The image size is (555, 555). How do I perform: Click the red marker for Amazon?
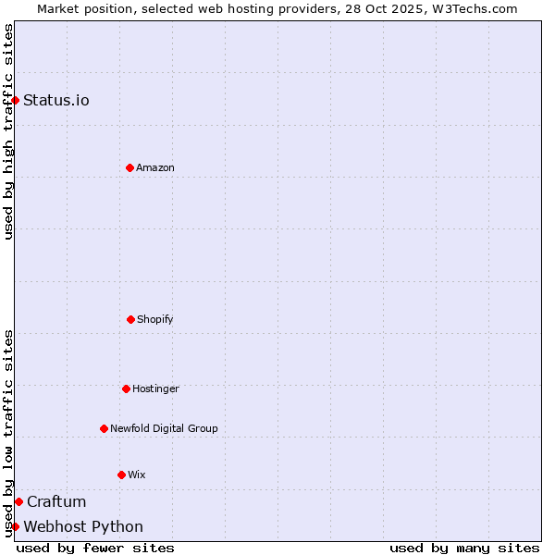[x=129, y=167]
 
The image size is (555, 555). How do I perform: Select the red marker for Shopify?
[x=130, y=319]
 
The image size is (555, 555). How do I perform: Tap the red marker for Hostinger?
[x=126, y=388]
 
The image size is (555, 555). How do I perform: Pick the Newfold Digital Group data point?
[x=104, y=428]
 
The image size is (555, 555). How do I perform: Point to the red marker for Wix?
[x=121, y=475]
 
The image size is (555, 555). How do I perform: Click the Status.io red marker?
[x=16, y=100]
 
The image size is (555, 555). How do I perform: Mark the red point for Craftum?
[x=18, y=501]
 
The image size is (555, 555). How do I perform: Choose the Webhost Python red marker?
[x=16, y=526]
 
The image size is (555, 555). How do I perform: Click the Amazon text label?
[x=155, y=167]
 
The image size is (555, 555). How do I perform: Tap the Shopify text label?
[x=155, y=319]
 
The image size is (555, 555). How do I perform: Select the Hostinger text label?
[x=155, y=388]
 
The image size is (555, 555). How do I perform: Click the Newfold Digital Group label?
[x=164, y=428]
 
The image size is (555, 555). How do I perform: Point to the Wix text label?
[x=137, y=475]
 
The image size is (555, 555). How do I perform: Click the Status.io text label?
[x=56, y=100]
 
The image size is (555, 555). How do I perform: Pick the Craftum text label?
[x=56, y=501]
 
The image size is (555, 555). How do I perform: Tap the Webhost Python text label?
[x=83, y=526]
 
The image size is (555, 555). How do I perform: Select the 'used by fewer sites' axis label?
[x=95, y=548]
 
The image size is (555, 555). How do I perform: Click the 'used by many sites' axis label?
[x=464, y=548]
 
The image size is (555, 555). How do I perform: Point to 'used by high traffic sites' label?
[x=8, y=131]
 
